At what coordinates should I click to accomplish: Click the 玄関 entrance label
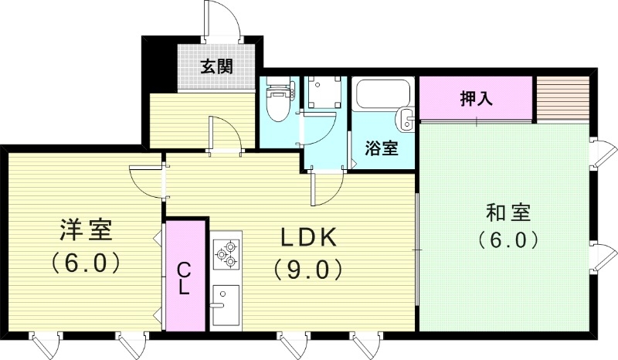(x=217, y=67)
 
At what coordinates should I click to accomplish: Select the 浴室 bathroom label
(x=382, y=148)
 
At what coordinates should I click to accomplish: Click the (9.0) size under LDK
(x=307, y=269)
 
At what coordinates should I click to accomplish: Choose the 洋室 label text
(x=86, y=230)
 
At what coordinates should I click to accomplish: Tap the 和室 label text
(x=507, y=211)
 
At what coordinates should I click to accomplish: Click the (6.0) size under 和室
(x=507, y=240)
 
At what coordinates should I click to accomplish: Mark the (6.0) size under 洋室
(x=86, y=263)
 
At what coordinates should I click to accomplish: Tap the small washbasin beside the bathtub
(x=405, y=120)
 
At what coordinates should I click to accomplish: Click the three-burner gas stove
(x=226, y=253)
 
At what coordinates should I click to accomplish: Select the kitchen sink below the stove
(x=226, y=302)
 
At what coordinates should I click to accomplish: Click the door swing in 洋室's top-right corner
(x=146, y=178)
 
